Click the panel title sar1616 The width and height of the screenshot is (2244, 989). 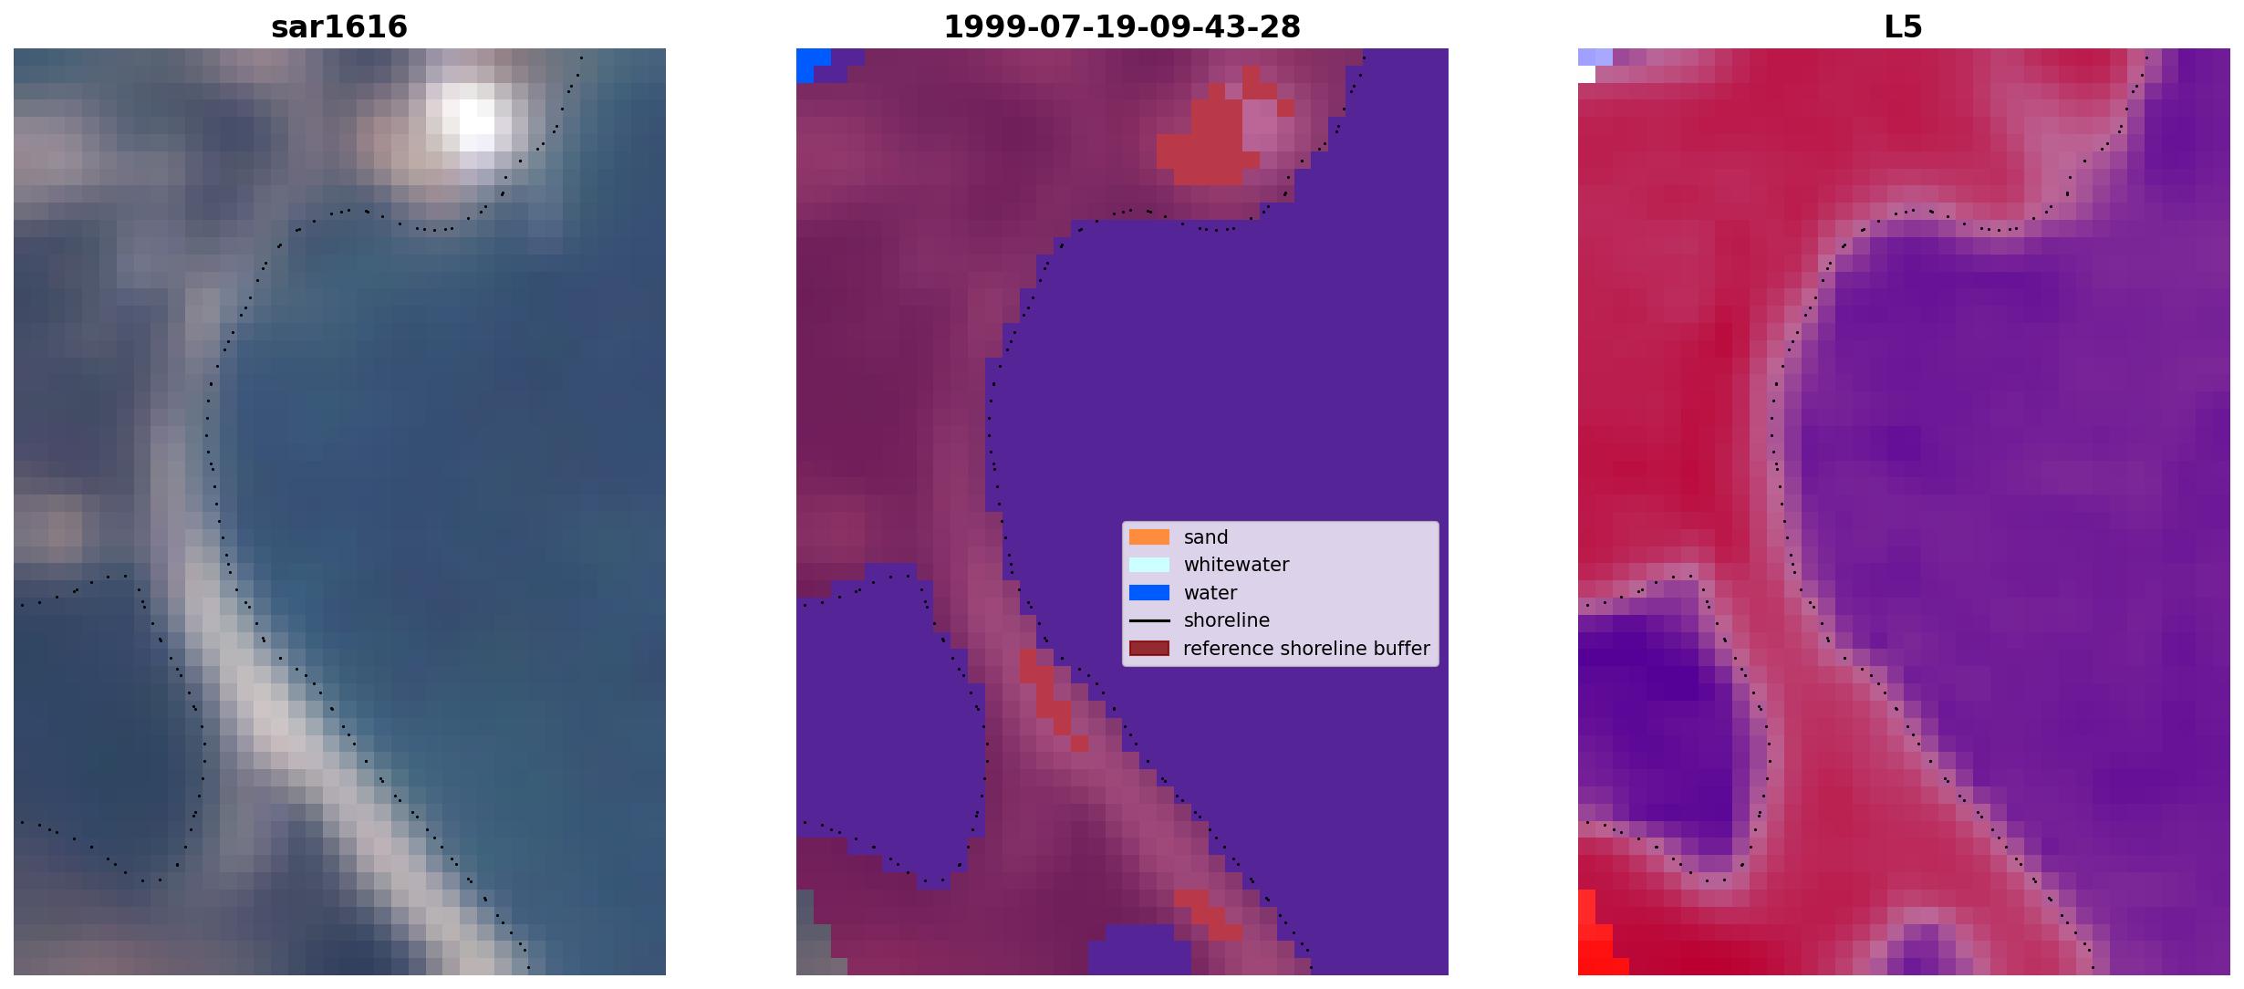click(339, 27)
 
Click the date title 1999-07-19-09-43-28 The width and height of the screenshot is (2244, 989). click(1122, 27)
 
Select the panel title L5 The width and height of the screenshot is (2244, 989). click(1904, 27)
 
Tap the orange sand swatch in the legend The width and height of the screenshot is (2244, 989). click(1149, 537)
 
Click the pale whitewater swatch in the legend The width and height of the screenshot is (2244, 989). click(1149, 565)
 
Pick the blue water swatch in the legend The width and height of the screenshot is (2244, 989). click(1149, 593)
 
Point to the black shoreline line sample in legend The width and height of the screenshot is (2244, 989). click(1149, 620)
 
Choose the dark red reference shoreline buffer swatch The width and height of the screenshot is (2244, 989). click(1149, 649)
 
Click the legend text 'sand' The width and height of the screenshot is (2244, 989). click(1206, 537)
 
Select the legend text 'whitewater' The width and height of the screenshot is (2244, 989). click(1236, 565)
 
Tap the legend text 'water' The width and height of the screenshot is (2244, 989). click(1210, 593)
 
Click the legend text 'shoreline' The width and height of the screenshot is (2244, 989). click(1227, 620)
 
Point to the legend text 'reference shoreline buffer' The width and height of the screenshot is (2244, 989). click(1306, 649)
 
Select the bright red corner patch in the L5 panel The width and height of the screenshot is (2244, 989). click(1596, 940)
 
